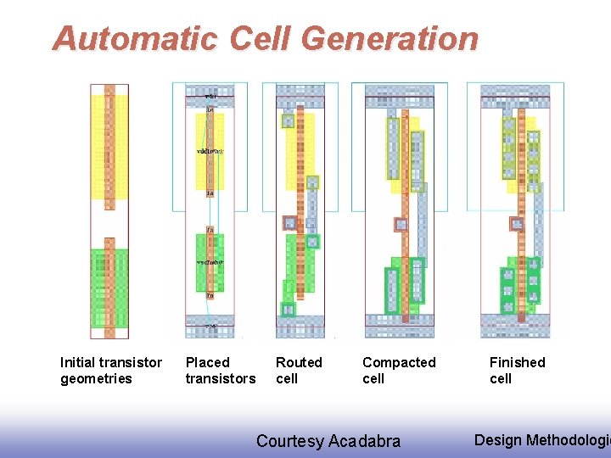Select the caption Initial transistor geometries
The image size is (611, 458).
[110, 371]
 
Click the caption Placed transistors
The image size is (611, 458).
[220, 371]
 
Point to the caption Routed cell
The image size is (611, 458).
[299, 371]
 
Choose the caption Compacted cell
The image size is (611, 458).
[399, 371]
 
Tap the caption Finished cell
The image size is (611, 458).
[517, 371]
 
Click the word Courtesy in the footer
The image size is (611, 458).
[290, 441]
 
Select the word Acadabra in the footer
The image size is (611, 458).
[364, 441]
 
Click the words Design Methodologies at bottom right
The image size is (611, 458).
[541, 439]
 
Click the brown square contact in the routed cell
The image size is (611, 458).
[290, 223]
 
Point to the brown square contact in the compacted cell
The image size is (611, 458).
[401, 225]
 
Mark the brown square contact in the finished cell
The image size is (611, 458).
[516, 224]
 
